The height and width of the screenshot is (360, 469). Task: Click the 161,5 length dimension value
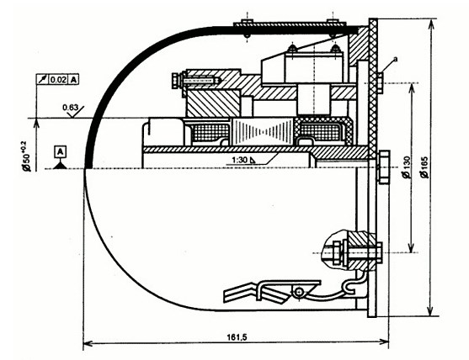click(x=237, y=337)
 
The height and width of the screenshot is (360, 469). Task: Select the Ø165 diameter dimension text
click(x=424, y=167)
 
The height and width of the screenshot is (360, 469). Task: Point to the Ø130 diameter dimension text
click(x=407, y=167)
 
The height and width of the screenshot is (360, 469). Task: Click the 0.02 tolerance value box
click(x=58, y=79)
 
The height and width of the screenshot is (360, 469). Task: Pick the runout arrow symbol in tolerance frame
click(x=42, y=79)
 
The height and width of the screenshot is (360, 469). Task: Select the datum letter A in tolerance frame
click(x=74, y=79)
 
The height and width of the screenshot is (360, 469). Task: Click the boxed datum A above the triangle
click(x=60, y=152)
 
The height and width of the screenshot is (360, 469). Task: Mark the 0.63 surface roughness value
click(x=70, y=108)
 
